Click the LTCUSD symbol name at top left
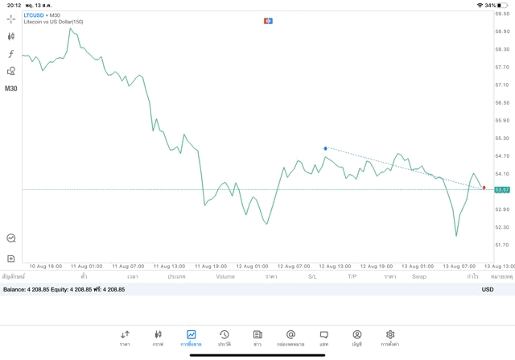tap(33, 15)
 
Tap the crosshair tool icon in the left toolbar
tap(11, 19)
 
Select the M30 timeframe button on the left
tap(11, 89)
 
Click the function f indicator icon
tap(11, 53)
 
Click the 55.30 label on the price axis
tap(502, 138)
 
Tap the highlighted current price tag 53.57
tap(502, 189)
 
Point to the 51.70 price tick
tap(502, 244)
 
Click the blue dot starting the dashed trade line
tap(325, 148)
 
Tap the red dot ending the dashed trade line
tap(484, 188)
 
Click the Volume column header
tap(225, 276)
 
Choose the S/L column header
tap(313, 276)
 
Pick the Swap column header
tap(419, 276)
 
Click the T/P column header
tap(352, 276)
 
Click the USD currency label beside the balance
tap(488, 289)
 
